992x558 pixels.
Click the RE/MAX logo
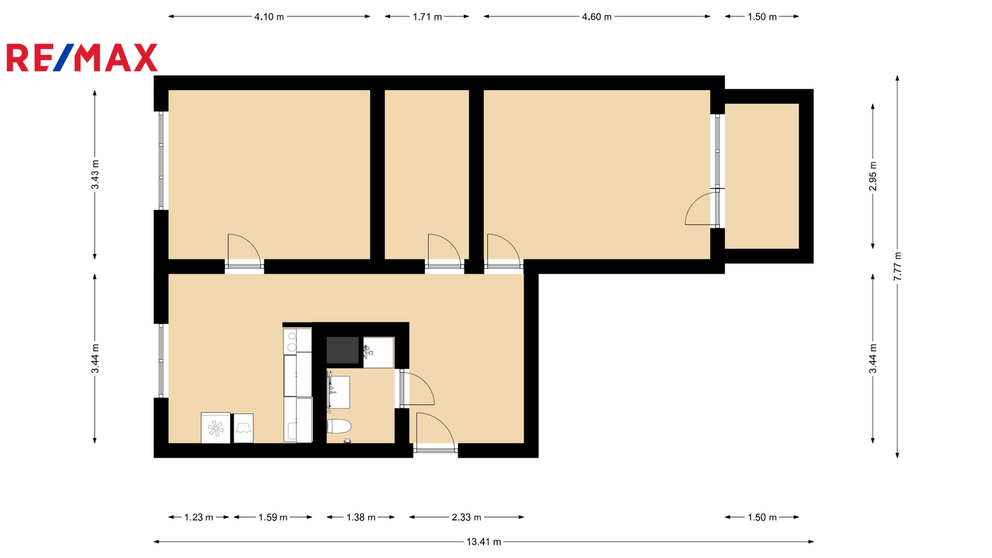coord(82,58)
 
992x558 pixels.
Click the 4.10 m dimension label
coord(269,17)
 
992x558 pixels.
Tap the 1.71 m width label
coord(427,17)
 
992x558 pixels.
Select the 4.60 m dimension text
coord(596,17)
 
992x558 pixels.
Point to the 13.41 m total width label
coord(484,542)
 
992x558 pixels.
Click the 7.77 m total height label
coord(897,266)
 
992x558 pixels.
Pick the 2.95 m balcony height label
coord(872,176)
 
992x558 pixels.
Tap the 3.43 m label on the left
coord(95,174)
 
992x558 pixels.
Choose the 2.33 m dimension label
coord(466,517)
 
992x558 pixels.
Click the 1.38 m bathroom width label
coord(361,517)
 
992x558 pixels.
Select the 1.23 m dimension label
coord(199,517)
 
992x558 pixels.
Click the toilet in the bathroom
coord(339,427)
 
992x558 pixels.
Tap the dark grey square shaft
coord(342,350)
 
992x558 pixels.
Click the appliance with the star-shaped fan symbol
coord(216,428)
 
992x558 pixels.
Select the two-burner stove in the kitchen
coord(291,341)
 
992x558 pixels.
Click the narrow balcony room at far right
coord(762,176)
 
